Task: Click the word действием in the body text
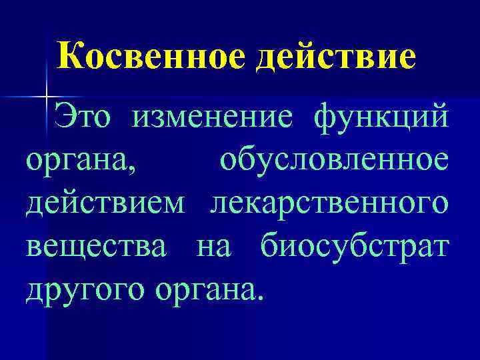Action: click(105, 204)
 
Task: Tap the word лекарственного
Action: click(329, 204)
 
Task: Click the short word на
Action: click(213, 248)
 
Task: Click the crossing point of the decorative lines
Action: click(47, 98)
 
